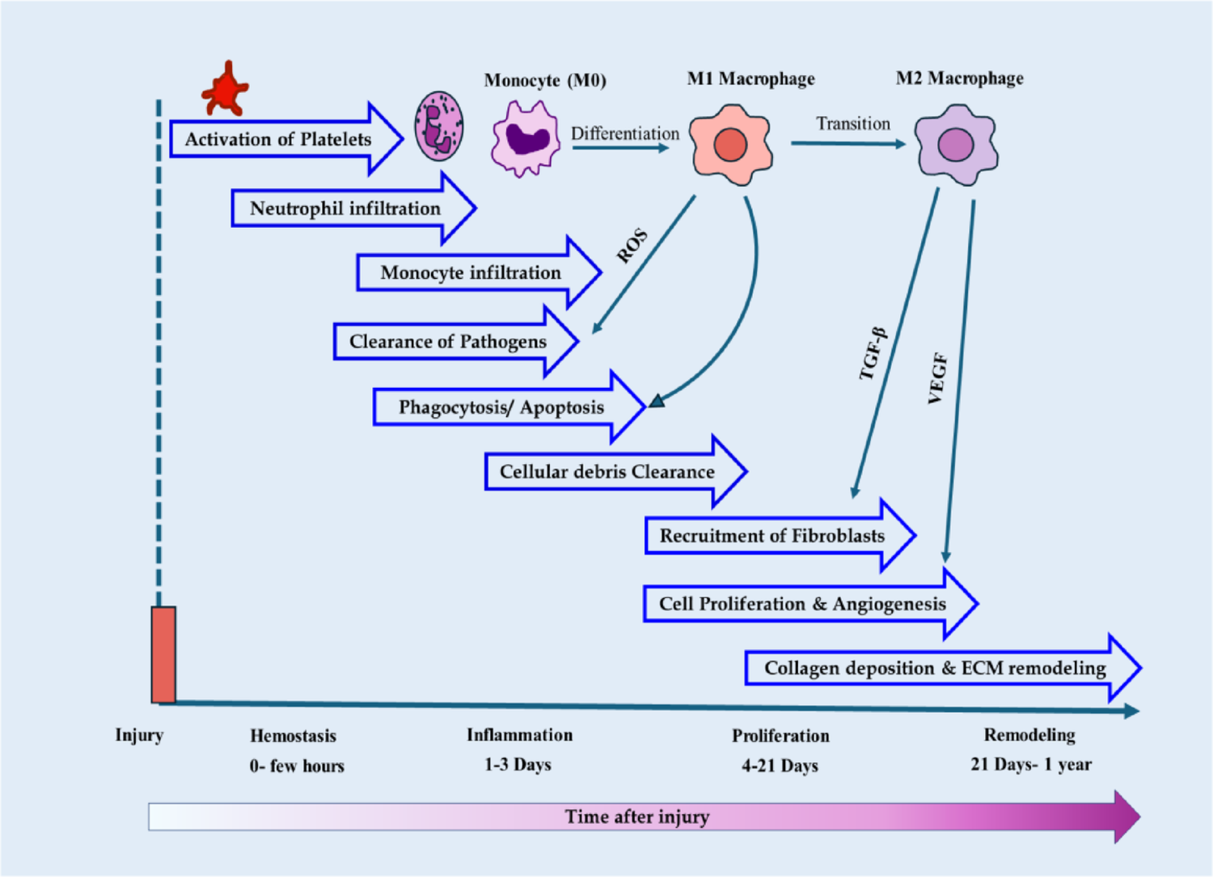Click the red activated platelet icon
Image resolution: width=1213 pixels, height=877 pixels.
coord(225,90)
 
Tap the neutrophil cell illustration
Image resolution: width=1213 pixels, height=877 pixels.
coord(439,126)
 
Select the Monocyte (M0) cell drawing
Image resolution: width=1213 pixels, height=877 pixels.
coord(526,139)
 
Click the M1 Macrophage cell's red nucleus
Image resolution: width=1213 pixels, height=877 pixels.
coord(729,145)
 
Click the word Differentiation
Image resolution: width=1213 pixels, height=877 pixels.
coord(625,133)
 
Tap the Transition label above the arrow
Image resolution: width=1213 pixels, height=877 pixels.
coord(852,124)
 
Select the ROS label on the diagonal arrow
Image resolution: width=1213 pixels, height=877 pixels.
coord(632,246)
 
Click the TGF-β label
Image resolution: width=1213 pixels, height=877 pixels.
coord(873,353)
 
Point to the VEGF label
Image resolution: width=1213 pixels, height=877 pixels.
coord(936,377)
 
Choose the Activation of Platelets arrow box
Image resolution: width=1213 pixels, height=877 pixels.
coord(278,139)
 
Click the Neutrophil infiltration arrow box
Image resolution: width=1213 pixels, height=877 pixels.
coord(345,209)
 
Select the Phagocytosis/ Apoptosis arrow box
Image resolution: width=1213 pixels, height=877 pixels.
coord(501,407)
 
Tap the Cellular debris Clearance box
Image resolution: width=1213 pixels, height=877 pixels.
coord(606,471)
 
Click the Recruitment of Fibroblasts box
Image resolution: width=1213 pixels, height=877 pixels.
coord(771,535)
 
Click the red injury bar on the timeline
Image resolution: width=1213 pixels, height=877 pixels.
coord(163,654)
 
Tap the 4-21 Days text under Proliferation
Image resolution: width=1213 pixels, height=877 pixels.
coord(780,765)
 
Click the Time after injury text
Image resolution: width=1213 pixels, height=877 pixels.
coord(637,816)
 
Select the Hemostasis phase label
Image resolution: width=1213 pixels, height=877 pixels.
coord(293,736)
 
